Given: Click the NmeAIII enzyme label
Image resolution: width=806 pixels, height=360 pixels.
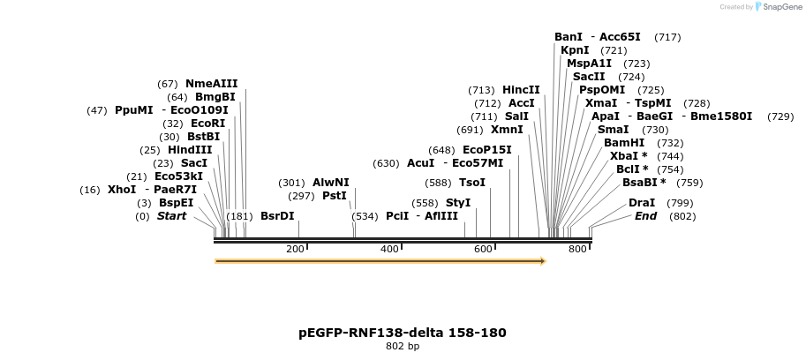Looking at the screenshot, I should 211,84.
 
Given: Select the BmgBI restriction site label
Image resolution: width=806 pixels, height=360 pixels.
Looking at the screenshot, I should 215,97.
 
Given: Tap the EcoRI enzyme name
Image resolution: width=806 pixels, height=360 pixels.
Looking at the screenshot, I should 207,124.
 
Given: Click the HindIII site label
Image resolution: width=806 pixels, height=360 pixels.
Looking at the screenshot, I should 190,150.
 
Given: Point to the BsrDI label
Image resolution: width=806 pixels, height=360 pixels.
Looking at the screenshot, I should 277,216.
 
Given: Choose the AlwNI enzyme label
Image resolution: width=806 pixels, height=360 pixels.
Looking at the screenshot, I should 330,183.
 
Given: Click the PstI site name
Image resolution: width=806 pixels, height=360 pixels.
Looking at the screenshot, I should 334,196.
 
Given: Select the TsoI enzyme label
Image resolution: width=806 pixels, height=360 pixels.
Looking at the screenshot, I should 472,183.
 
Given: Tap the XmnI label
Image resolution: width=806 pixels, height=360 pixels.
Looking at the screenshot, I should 507,130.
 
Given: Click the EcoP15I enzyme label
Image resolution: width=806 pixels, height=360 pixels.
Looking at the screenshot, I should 486,150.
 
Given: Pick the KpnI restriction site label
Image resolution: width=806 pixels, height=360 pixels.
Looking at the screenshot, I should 575,50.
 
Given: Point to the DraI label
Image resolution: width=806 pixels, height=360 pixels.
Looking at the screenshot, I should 642,203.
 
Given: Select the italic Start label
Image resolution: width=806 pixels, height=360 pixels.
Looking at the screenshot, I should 171,216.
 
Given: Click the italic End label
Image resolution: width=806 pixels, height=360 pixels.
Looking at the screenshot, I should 645,216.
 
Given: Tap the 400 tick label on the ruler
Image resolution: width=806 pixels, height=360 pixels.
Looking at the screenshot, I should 389,250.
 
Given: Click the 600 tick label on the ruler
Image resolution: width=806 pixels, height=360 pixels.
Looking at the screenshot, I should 483,250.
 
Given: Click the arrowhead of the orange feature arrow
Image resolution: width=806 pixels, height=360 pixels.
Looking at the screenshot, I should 543,261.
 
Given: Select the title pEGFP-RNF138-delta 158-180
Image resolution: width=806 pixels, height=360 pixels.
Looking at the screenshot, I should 403,333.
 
